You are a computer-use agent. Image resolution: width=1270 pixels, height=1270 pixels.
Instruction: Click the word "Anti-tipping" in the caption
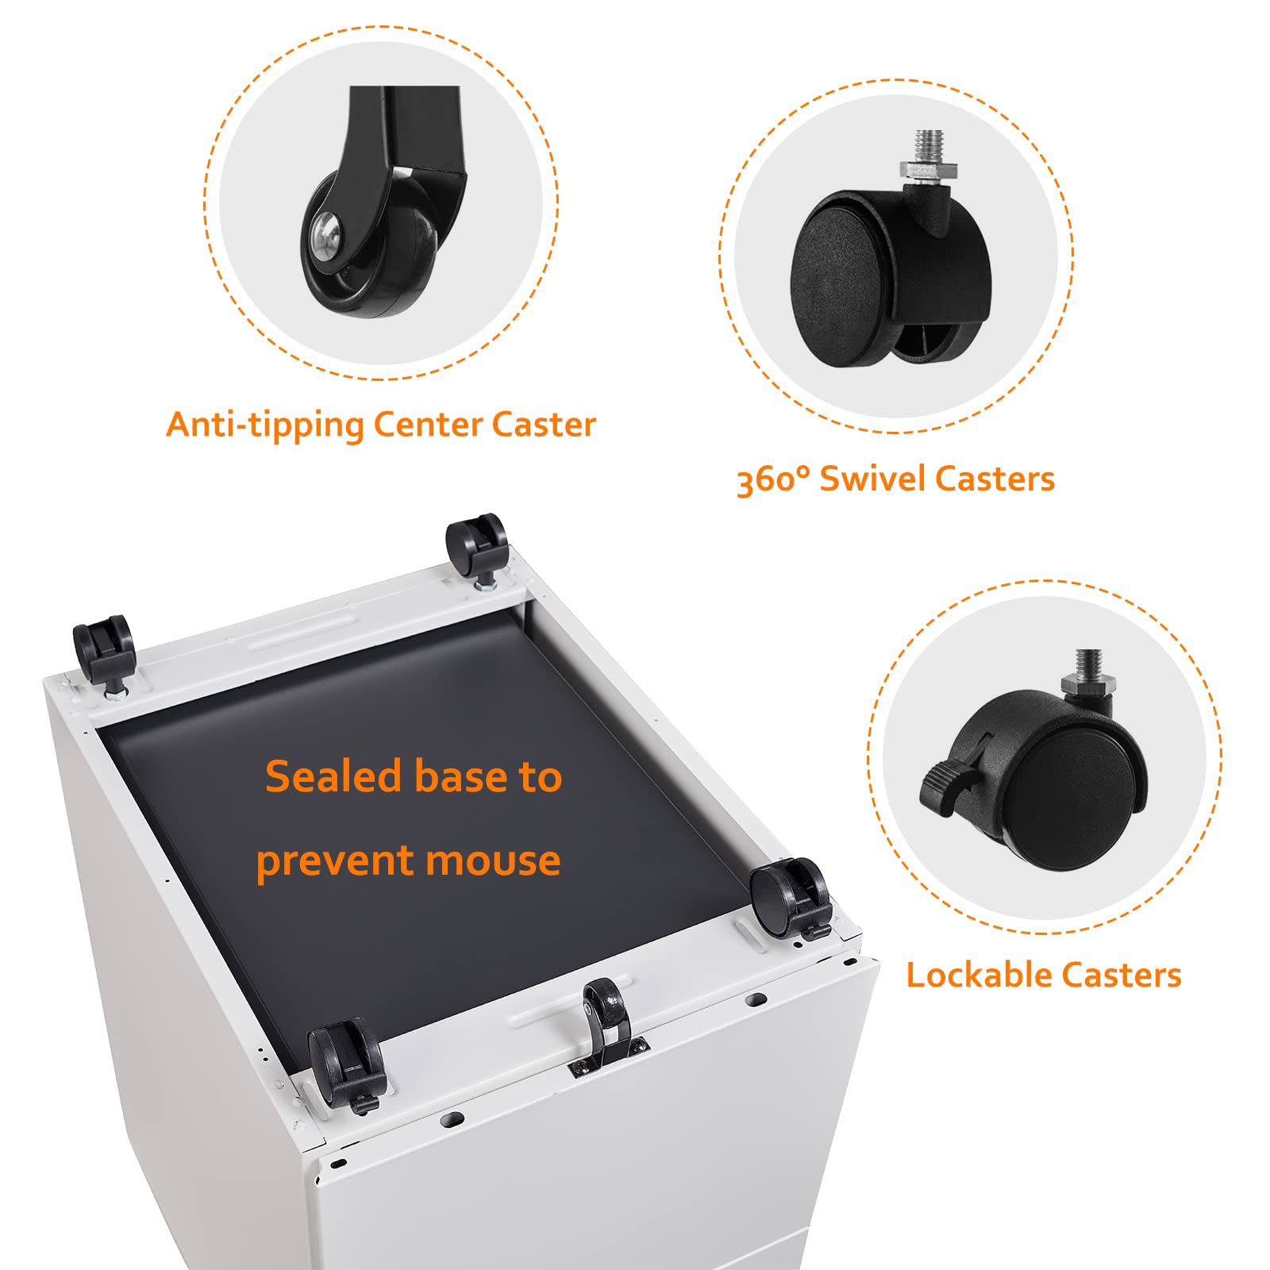pyautogui.click(x=265, y=425)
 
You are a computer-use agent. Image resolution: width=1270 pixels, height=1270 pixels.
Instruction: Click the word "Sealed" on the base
pyautogui.click(x=334, y=776)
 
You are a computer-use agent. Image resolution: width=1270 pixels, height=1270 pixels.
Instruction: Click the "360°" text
pyautogui.click(x=773, y=479)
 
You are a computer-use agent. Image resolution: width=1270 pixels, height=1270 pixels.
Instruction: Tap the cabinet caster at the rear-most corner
pyautogui.click(x=477, y=549)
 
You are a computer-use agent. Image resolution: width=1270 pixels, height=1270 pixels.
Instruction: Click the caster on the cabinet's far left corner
pyautogui.click(x=104, y=656)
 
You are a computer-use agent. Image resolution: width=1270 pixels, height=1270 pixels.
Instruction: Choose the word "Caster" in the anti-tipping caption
pyautogui.click(x=544, y=425)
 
